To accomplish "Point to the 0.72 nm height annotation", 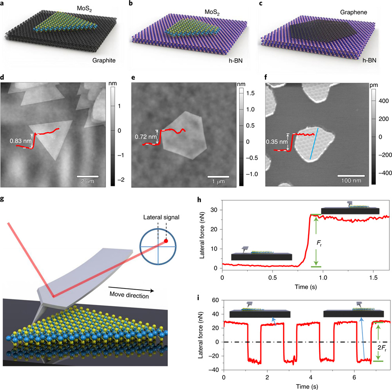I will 144,137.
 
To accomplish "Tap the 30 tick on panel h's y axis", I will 215,210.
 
